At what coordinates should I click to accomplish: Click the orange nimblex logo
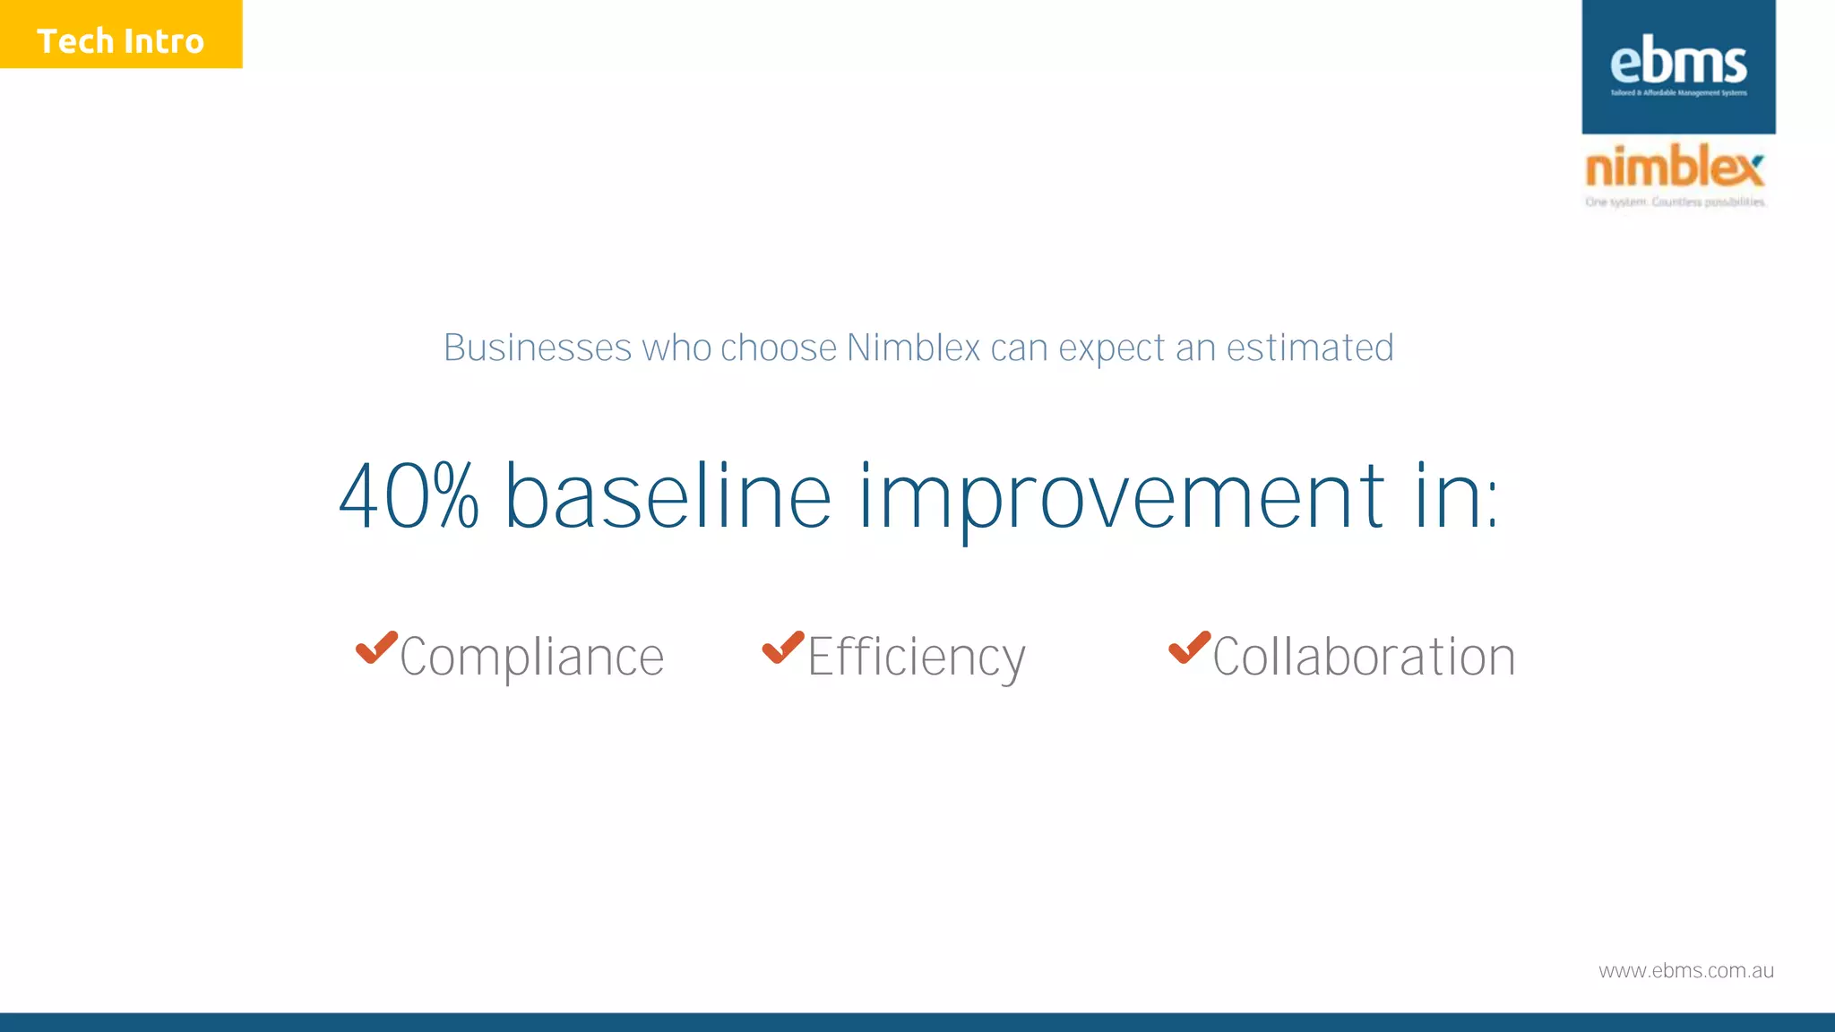(1674, 167)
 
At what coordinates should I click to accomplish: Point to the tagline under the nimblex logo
(1675, 202)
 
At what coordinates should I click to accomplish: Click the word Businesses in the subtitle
(538, 348)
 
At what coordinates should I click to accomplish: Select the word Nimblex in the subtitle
(913, 348)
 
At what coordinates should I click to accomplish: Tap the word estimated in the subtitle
(1309, 348)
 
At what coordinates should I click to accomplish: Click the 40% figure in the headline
(409, 497)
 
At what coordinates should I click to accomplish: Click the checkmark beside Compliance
(376, 647)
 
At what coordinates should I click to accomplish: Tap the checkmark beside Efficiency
(783, 647)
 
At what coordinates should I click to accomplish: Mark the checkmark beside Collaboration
(1189, 647)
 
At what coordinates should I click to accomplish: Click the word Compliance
(531, 658)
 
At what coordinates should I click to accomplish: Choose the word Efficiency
(916, 658)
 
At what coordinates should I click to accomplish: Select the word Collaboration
(1363, 658)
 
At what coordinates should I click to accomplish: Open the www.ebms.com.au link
(1685, 971)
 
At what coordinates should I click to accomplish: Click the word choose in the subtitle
(778, 348)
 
